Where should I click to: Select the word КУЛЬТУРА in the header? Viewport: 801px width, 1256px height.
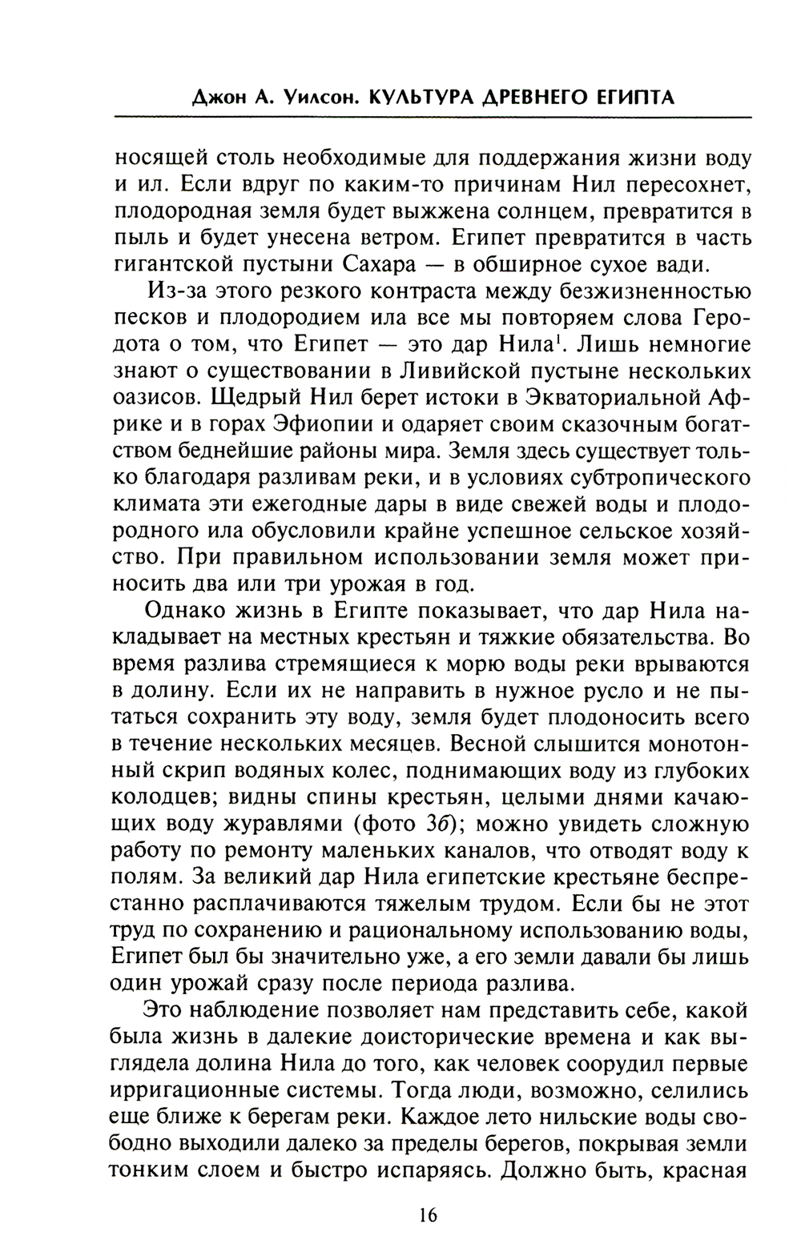click(x=418, y=98)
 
